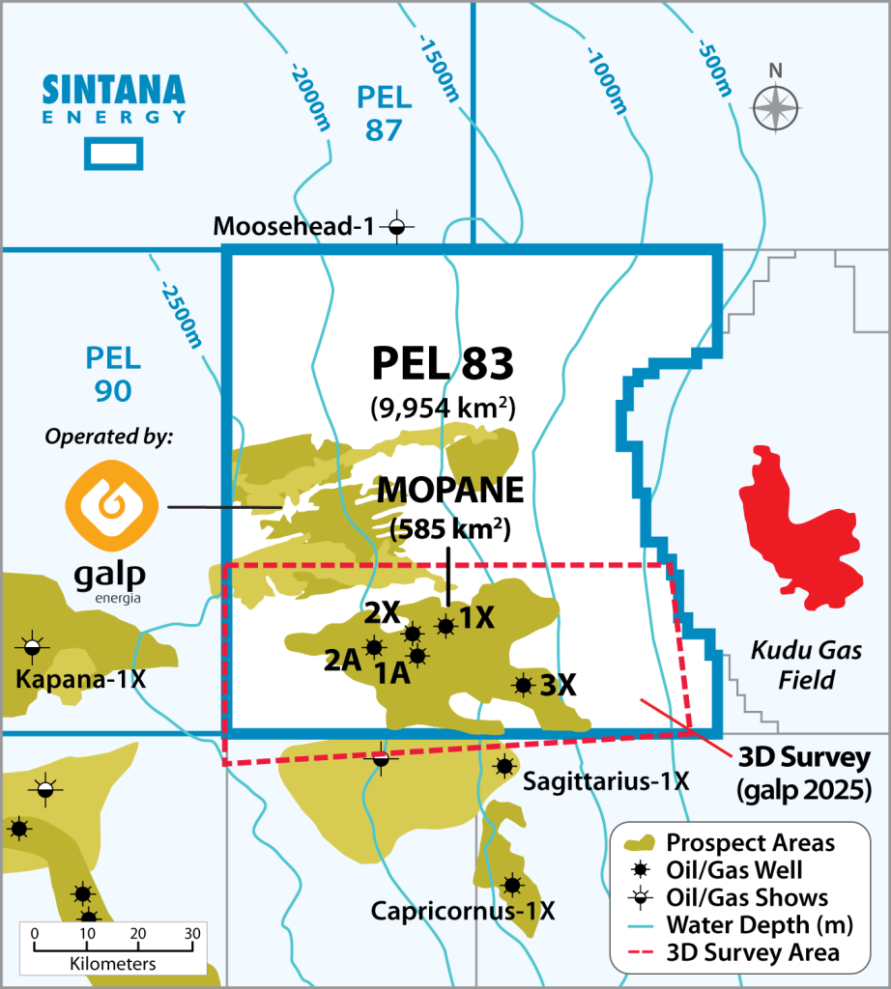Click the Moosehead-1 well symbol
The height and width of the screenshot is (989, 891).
(395, 228)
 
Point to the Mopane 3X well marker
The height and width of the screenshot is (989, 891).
(524, 685)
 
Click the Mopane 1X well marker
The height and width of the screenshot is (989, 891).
(445, 626)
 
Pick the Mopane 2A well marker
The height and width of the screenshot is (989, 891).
(374, 646)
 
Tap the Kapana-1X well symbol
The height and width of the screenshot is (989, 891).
(33, 644)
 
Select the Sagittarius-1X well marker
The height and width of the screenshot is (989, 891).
(503, 766)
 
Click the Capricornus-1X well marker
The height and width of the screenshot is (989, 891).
(512, 885)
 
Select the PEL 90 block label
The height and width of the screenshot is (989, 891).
(113, 375)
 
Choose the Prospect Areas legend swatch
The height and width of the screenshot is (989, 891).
(637, 843)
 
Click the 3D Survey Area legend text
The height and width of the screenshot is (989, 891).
(753, 953)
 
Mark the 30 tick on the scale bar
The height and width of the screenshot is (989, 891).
(192, 934)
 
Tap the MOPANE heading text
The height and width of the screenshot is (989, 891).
(449, 490)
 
